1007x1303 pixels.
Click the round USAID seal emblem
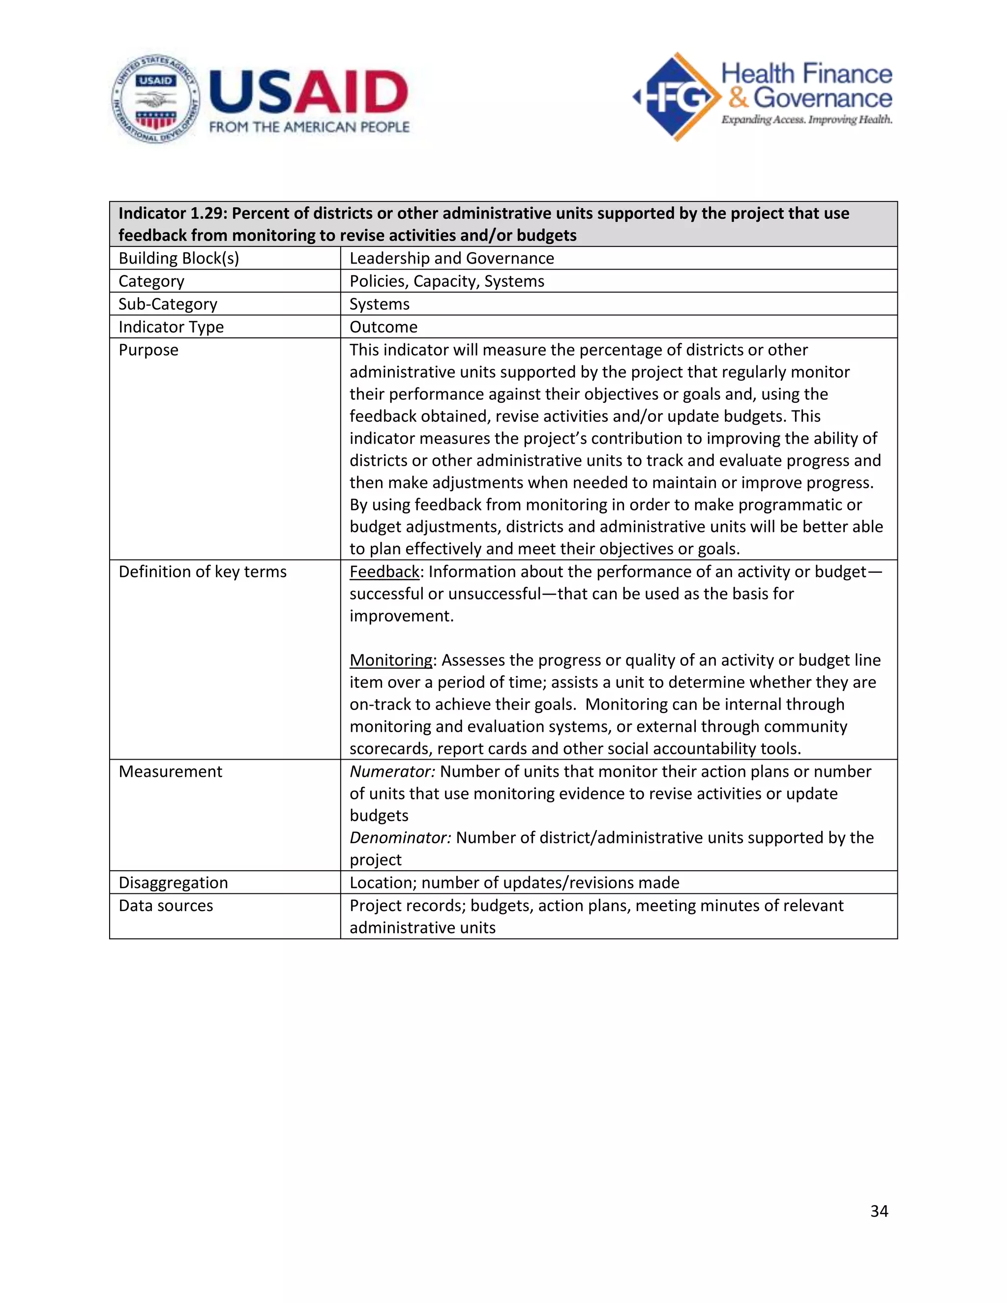[156, 98]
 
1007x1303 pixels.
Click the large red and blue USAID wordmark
[308, 92]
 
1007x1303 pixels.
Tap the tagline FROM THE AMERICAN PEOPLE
[309, 127]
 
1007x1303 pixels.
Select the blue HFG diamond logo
[677, 97]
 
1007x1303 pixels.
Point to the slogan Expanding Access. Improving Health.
[806, 120]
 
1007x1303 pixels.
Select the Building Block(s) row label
[178, 258]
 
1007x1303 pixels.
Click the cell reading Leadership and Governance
[451, 258]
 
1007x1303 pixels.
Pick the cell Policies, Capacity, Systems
[447, 281]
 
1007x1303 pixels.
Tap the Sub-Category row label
[168, 304]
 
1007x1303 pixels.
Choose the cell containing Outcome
[384, 327]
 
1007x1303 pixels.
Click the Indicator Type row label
[171, 327]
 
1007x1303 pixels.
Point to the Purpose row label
[148, 350]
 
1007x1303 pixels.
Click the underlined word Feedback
[384, 571]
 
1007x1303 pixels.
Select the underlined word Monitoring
[391, 660]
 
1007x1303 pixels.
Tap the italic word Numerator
[392, 771]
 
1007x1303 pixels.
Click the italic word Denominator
[400, 838]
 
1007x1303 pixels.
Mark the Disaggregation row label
[173, 883]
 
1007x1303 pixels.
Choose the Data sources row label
[166, 906]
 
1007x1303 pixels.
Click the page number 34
[879, 1211]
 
